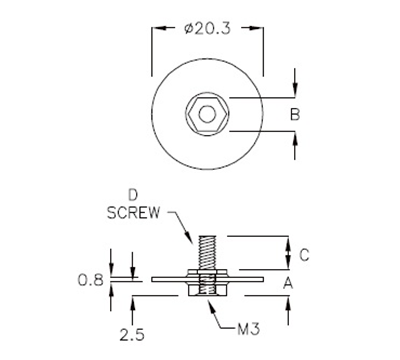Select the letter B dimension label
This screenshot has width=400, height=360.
[295, 116]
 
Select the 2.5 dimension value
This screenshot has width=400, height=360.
[129, 329]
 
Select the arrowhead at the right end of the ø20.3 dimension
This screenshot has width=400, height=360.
[261, 32]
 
